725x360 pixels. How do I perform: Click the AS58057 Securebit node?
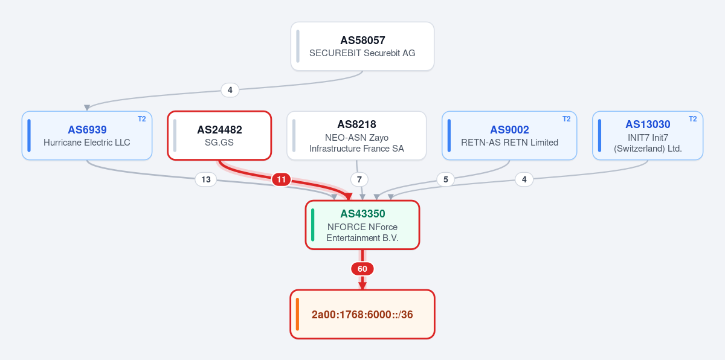362,47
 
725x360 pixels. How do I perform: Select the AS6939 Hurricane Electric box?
87,135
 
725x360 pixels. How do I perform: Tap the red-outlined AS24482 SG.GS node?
219,135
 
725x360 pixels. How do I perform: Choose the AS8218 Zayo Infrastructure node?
356,135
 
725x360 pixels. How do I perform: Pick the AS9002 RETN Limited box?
509,135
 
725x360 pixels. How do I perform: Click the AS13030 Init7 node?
648,135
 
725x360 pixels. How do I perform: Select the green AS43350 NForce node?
362,225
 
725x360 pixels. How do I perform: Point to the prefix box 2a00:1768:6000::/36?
362,314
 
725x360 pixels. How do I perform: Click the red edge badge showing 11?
282,179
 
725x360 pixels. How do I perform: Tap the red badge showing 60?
362,269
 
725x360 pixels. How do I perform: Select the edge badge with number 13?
206,179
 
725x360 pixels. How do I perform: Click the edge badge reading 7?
359,179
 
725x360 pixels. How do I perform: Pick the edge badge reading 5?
446,179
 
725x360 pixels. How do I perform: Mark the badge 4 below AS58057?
230,90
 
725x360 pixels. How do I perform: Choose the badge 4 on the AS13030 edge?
524,179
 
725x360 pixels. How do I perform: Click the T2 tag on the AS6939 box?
142,119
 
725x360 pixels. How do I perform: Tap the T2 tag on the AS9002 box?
567,119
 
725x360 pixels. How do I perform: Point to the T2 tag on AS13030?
692,119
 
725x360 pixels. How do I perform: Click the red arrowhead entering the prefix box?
362,286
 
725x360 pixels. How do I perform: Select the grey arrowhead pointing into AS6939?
87,108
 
